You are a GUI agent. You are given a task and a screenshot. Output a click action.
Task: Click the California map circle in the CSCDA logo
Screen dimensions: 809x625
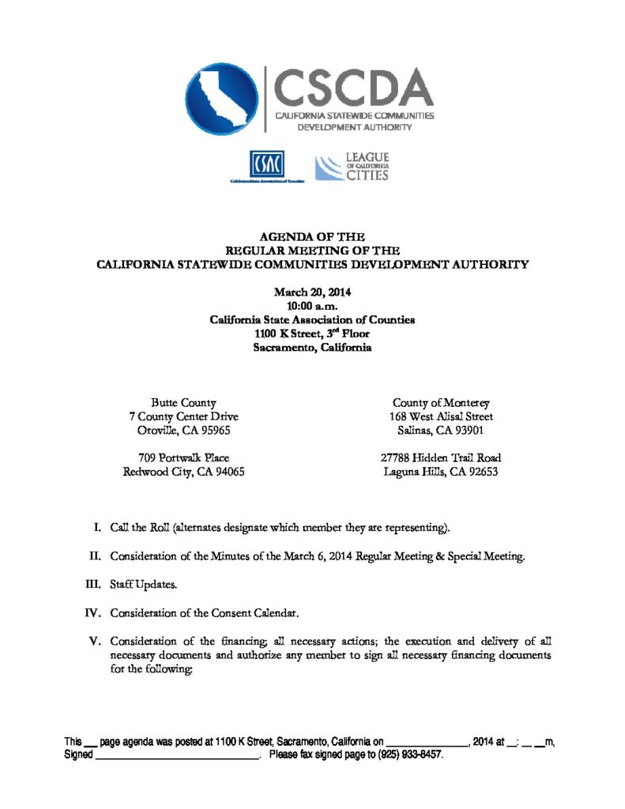(x=221, y=98)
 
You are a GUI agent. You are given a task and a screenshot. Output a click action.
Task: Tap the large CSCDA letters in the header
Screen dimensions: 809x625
(x=353, y=86)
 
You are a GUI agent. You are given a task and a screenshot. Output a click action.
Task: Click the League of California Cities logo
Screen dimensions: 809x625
(x=352, y=167)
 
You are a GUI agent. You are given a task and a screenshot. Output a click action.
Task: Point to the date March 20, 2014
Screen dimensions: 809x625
(x=312, y=292)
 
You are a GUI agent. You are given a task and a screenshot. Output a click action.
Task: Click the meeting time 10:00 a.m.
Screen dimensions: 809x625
(x=312, y=306)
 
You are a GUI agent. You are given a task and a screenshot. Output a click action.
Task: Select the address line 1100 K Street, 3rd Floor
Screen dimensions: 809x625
(x=312, y=333)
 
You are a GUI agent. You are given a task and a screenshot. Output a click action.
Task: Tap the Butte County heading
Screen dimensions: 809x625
(x=183, y=403)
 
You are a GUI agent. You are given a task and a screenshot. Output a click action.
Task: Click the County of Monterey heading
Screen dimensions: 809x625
(x=441, y=403)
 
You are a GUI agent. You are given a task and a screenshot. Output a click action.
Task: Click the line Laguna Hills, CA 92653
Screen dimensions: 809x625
(x=441, y=472)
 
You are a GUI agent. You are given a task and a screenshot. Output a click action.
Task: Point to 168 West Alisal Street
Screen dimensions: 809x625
(x=441, y=416)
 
